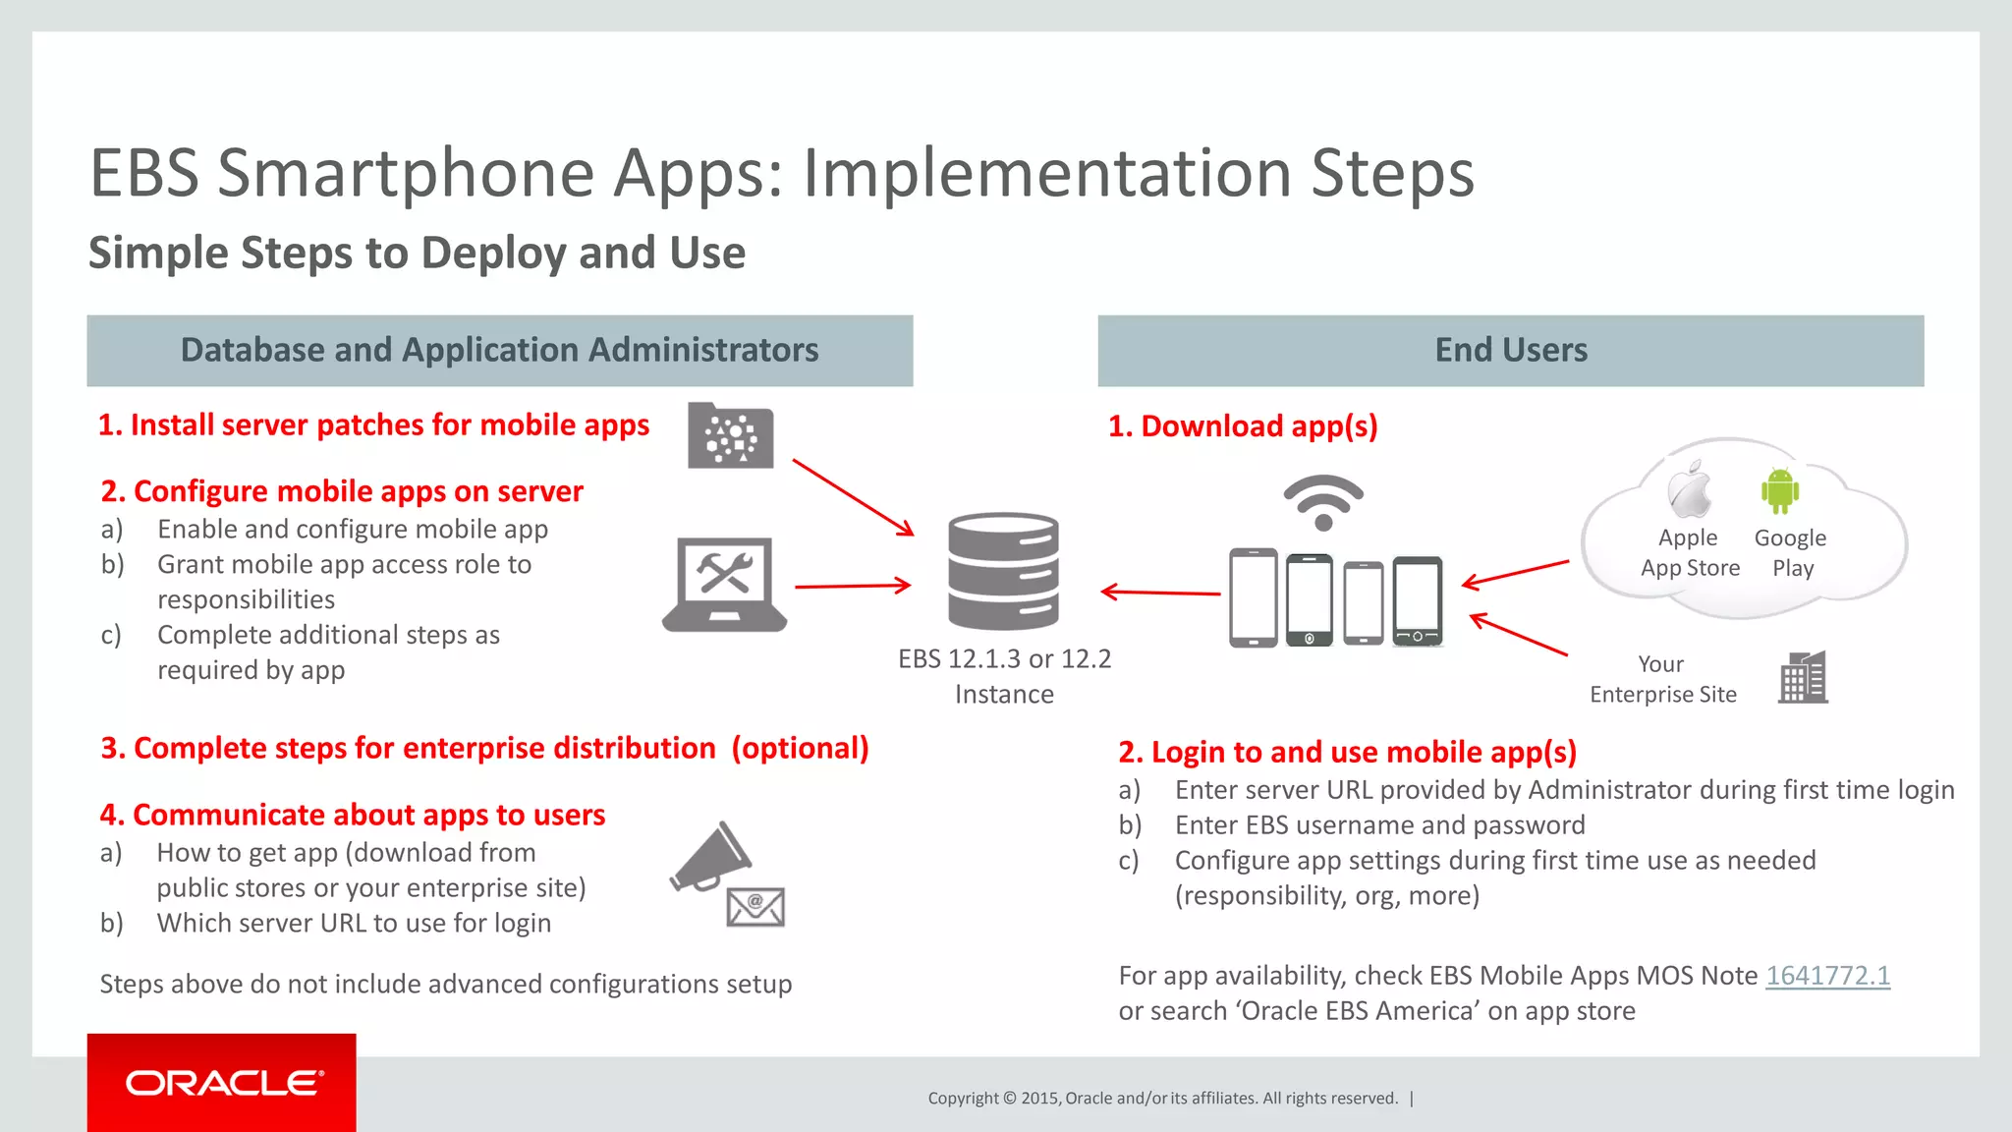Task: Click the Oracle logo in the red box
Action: pos(222,1083)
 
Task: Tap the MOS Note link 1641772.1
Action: pos(1827,976)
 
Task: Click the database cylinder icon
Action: pos(1003,571)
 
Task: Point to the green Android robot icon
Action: pos(1780,490)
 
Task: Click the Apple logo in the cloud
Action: pos(1690,490)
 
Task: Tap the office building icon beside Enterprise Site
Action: pos(1803,678)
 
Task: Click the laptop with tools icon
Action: pos(725,584)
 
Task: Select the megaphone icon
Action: pos(711,856)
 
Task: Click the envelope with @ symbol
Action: pos(755,907)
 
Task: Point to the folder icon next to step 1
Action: pos(730,435)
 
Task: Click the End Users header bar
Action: pos(1510,351)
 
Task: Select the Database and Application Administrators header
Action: pos(499,351)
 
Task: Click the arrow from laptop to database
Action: pos(852,586)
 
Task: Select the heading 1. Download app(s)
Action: pos(1243,425)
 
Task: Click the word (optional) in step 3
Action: pos(800,749)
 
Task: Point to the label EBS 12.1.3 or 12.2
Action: pos(1004,658)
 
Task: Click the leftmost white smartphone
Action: pos(1254,597)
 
